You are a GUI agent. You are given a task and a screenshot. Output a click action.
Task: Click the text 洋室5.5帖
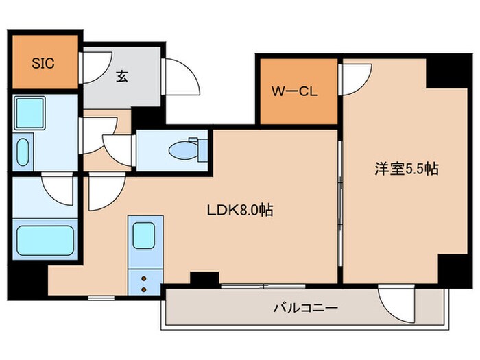(x=405, y=169)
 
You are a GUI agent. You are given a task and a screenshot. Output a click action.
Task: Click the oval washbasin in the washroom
(x=22, y=152)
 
